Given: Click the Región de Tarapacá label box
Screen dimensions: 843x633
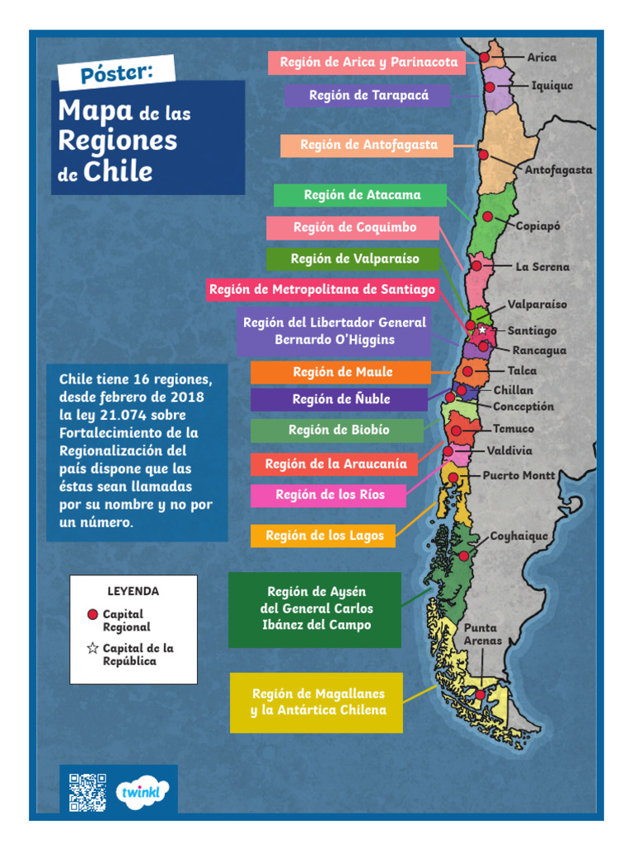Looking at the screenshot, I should [368, 95].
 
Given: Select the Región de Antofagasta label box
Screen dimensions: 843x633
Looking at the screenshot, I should [368, 145].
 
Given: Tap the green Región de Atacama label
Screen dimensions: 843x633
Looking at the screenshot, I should [361, 195].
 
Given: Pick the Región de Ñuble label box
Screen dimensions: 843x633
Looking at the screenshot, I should [340, 399].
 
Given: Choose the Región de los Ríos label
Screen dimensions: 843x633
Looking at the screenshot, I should [329, 495].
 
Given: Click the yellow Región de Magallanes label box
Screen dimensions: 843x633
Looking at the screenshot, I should [317, 702].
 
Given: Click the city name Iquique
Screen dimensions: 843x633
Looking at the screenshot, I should [551, 86].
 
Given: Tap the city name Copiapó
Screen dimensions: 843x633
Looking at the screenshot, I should [538, 226].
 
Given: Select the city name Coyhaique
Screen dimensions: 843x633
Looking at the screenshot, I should [519, 536].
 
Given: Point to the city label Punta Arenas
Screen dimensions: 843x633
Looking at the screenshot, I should [481, 634].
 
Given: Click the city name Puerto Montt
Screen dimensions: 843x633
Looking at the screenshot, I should [518, 476].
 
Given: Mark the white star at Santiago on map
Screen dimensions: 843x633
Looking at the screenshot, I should [482, 329].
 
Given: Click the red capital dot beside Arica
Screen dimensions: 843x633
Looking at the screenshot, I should [485, 58].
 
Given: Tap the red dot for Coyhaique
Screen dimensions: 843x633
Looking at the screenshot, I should [464, 556].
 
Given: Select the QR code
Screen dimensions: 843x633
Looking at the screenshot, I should [87, 792].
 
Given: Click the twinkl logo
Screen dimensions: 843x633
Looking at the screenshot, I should [143, 792].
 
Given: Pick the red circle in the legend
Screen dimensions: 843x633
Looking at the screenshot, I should [92, 614].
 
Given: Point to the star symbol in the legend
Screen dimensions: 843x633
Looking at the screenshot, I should [92, 649].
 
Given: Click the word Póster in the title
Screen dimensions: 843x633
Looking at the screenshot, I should [116, 72].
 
